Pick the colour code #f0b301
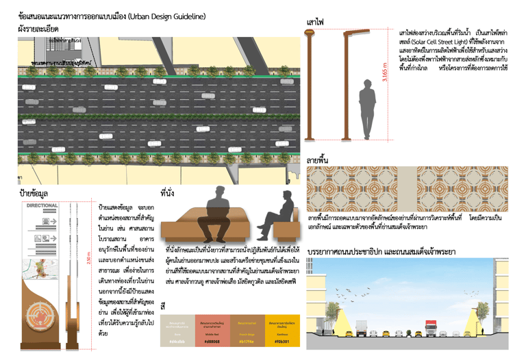pos(281,340)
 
